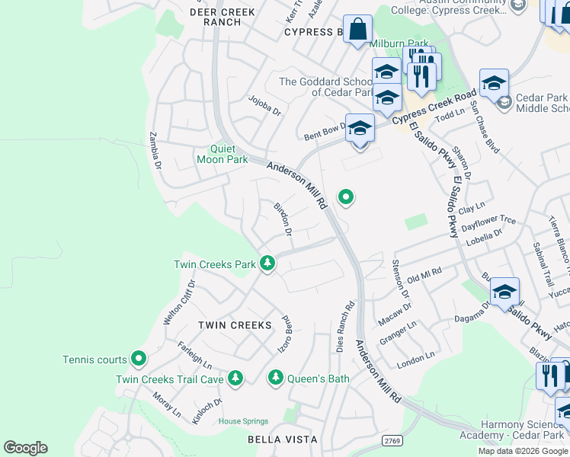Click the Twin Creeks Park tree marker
point(267,264)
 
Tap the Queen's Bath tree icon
point(276,377)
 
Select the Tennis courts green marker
point(138,357)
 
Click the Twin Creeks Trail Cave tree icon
point(235,378)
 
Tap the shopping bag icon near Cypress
point(357,30)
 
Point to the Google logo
point(26,448)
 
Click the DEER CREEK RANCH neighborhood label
point(223,17)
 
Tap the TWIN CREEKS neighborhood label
point(235,325)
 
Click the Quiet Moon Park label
point(222,155)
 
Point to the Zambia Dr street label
point(156,149)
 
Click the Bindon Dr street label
point(283,219)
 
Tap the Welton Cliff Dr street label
point(178,302)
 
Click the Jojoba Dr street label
point(266,105)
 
